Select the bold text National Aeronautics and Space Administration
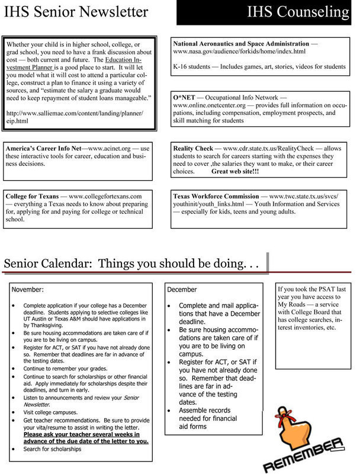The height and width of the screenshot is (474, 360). click(x=241, y=44)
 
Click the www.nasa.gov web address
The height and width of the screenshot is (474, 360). click(x=239, y=52)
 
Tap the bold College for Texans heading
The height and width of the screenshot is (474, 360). click(x=33, y=196)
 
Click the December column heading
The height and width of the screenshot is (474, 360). click(x=182, y=290)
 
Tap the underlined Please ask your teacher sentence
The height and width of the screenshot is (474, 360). click(x=86, y=437)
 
